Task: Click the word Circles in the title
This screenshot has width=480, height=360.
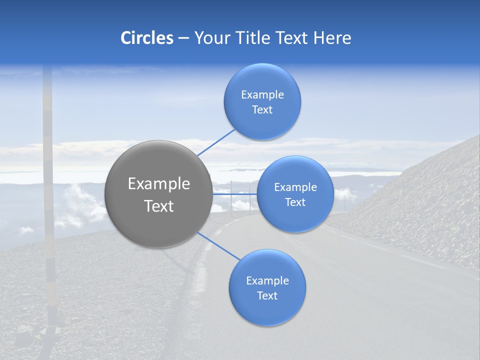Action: tap(146, 38)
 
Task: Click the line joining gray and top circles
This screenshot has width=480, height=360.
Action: tap(216, 142)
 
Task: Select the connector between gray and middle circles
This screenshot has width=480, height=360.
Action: tap(235, 194)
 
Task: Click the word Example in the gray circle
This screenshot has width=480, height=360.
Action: tap(159, 184)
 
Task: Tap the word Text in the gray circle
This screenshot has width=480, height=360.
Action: tap(159, 206)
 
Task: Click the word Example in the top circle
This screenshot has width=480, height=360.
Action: tap(262, 95)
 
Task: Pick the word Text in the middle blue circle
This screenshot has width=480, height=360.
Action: tap(295, 202)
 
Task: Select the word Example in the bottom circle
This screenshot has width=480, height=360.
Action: tap(267, 281)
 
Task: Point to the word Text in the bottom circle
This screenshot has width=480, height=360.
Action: tap(267, 296)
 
